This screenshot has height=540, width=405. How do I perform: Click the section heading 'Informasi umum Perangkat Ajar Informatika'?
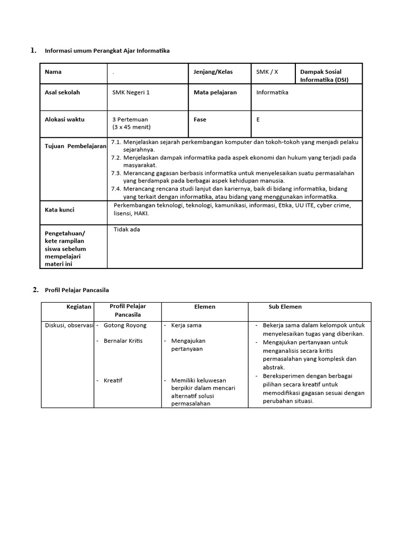108,51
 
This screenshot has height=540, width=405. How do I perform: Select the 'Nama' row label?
53,72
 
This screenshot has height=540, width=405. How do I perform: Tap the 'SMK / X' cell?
267,72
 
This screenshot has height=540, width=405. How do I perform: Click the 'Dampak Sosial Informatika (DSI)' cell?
324,75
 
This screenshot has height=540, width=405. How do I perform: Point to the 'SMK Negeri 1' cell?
131,92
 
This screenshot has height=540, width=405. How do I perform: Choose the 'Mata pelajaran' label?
215,92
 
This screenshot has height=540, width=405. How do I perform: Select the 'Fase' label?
200,119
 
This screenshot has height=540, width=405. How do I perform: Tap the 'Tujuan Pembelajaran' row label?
75,146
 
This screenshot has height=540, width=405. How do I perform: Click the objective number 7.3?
116,173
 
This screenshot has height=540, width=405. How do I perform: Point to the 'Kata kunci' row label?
60,209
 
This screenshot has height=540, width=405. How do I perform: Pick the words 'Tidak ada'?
127,229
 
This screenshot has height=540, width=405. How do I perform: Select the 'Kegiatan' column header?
79,306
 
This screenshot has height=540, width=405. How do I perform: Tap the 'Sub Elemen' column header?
285,306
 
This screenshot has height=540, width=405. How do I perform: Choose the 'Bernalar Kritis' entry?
123,341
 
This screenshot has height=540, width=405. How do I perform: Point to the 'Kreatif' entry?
113,380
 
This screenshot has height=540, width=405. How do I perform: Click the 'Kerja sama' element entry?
186,325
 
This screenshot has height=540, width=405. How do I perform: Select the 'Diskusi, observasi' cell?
69,325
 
